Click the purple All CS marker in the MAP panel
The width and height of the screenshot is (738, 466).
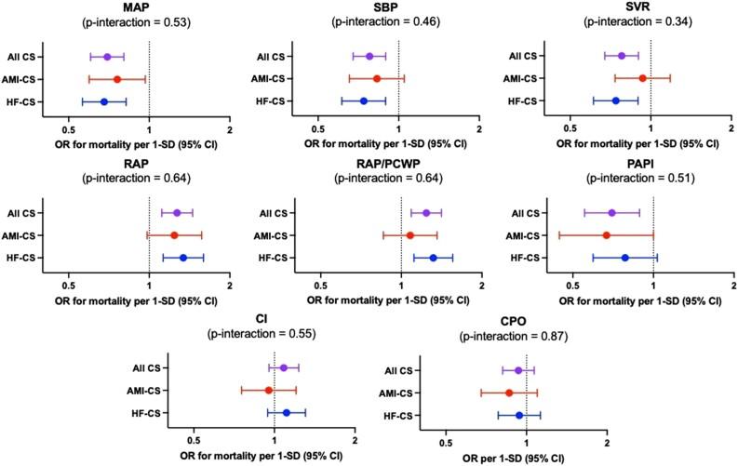[107, 58]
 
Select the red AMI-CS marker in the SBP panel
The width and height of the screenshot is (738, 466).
[376, 79]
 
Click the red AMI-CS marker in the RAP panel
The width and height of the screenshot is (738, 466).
[174, 235]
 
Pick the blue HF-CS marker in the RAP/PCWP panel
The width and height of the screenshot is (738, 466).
[433, 258]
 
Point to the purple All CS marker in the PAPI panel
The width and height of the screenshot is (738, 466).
[611, 213]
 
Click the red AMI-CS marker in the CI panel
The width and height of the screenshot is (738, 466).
[269, 391]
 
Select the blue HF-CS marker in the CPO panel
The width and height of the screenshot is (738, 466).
[519, 416]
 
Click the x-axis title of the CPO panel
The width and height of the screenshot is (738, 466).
[527, 459]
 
